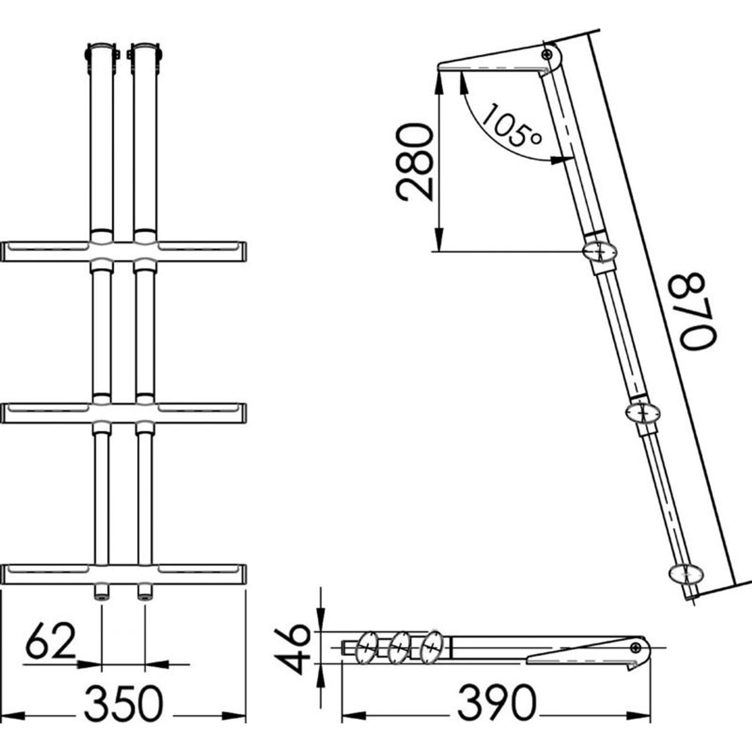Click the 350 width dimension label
(123, 704)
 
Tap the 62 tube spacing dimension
(51, 642)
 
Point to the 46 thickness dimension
(295, 649)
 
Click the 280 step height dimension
(414, 162)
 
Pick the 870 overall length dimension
(698, 311)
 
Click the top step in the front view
(124, 252)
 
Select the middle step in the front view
(124, 413)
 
